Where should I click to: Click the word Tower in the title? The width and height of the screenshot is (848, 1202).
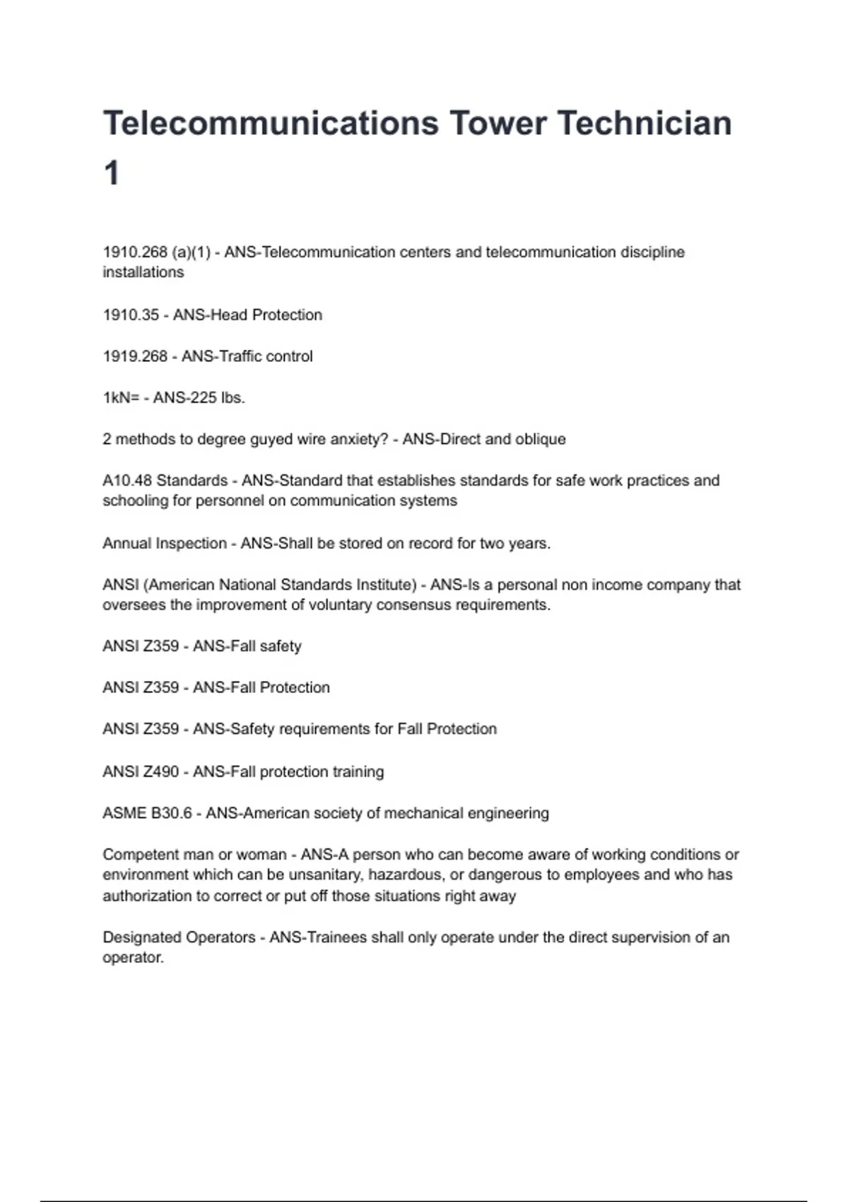tap(498, 123)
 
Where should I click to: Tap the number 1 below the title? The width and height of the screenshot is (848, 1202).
tap(112, 173)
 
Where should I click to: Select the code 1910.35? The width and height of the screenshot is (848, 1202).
tap(131, 315)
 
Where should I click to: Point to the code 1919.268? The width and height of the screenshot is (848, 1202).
tap(135, 356)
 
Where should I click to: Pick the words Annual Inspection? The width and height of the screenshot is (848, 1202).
tap(165, 543)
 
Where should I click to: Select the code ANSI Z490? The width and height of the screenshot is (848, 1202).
tap(141, 771)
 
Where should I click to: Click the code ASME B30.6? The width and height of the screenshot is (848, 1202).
tap(147, 813)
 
